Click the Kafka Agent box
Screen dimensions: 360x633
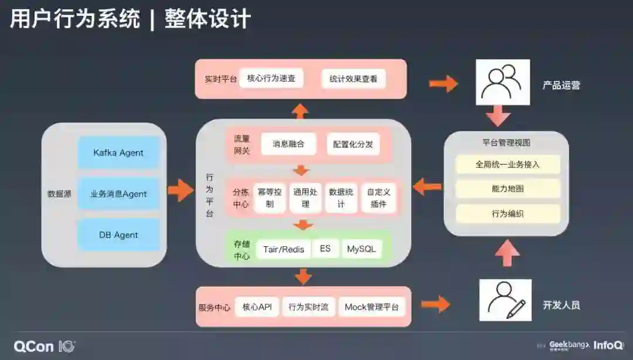[118, 153]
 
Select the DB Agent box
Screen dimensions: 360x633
[118, 235]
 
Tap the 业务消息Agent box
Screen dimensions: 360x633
[118, 194]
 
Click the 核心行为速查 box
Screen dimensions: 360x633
[271, 79]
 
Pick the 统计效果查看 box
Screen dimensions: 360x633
[353, 79]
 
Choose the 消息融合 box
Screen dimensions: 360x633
[288, 144]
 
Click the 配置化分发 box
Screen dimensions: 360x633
[353, 144]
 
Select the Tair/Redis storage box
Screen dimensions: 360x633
[284, 249]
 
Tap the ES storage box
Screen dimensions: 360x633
[325, 249]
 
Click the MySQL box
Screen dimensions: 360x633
[361, 249]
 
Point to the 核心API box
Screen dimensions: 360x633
[257, 307]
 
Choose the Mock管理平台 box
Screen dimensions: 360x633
[372, 307]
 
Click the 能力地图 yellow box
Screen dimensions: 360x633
[508, 189]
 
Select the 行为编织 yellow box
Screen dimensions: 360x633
[508, 213]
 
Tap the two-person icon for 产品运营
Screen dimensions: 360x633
[502, 82]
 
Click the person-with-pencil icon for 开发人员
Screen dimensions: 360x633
[505, 300]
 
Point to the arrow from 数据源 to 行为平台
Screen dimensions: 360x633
[181, 191]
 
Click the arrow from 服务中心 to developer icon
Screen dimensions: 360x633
[435, 304]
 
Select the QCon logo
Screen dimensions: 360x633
[45, 346]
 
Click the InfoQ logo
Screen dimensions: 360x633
[607, 345]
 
